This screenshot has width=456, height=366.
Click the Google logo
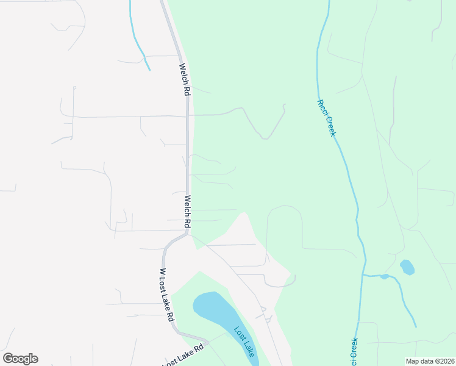point(20,359)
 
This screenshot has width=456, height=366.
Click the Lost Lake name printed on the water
point(244,342)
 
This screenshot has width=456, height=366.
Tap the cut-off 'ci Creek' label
point(354,351)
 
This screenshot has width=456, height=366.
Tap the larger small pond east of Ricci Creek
point(407,267)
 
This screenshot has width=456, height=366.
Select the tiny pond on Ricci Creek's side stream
point(384,276)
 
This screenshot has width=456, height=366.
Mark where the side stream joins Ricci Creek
point(365,275)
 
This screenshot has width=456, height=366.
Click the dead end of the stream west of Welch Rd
point(149,70)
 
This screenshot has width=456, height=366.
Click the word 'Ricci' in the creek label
point(321,107)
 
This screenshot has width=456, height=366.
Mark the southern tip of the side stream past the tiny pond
point(416,326)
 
